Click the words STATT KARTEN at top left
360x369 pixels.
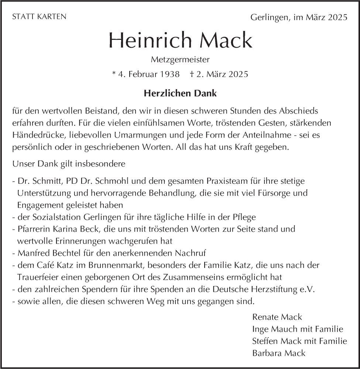[x=39, y=17]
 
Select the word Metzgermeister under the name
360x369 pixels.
[x=180, y=59]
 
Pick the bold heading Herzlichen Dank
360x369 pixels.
[x=180, y=94]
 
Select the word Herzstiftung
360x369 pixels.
[x=269, y=290]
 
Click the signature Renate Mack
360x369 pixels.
[x=277, y=317]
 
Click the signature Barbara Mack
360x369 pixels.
[x=279, y=353]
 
